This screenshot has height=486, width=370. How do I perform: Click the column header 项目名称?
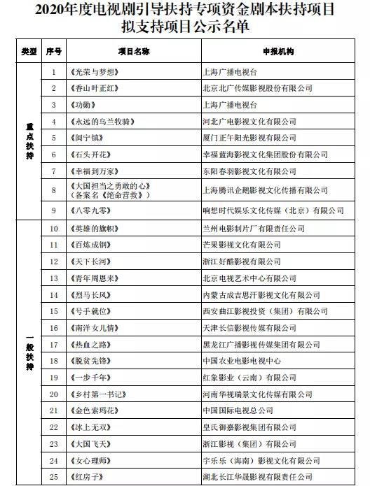coord(133,52)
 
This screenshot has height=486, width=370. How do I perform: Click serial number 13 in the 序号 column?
coord(54,278)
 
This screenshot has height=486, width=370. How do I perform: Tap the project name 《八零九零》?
coord(92,210)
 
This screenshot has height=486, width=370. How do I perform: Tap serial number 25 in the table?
coord(54,477)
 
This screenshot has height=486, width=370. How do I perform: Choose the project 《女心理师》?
coord(92,460)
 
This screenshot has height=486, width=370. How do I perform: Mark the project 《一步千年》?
coord(92,378)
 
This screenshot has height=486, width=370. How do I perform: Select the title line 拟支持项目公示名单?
coord(185,26)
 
